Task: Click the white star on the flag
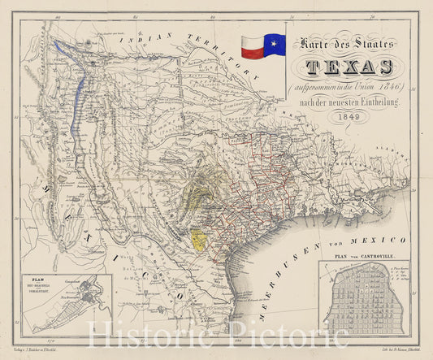click(268, 40)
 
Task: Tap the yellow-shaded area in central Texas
click(198, 239)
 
